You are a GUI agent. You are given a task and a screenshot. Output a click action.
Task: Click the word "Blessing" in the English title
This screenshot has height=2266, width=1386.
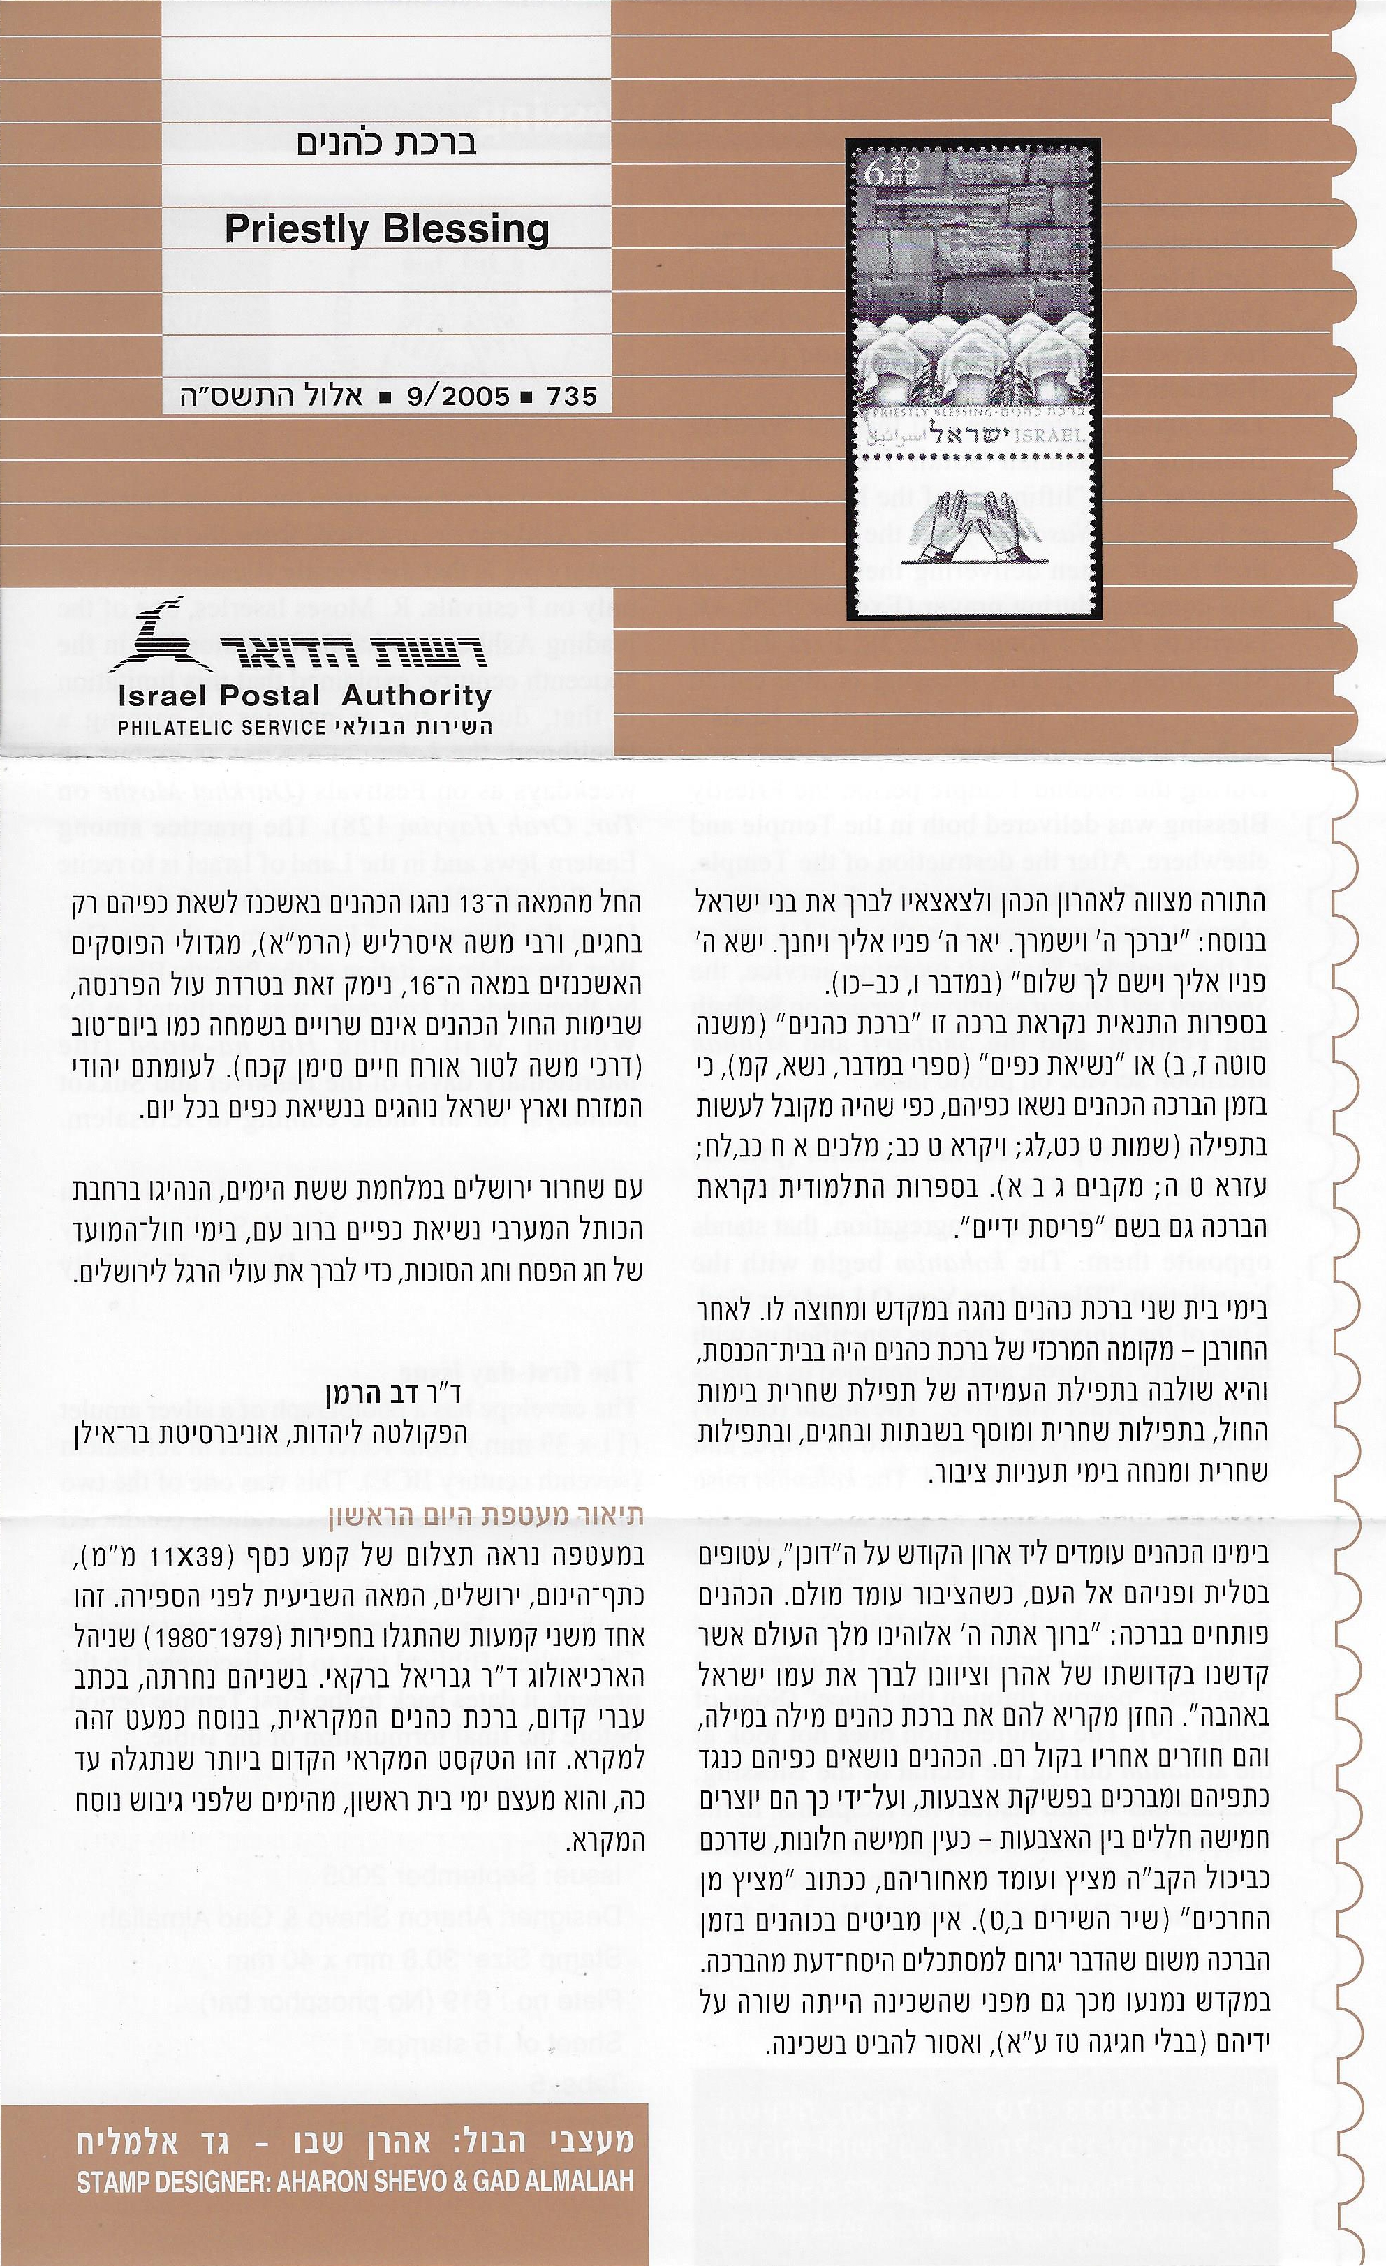click(467, 229)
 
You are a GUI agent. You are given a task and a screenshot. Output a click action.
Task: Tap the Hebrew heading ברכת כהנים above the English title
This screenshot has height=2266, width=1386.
click(386, 145)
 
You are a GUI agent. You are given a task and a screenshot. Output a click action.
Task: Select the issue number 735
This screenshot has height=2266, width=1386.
click(571, 397)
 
